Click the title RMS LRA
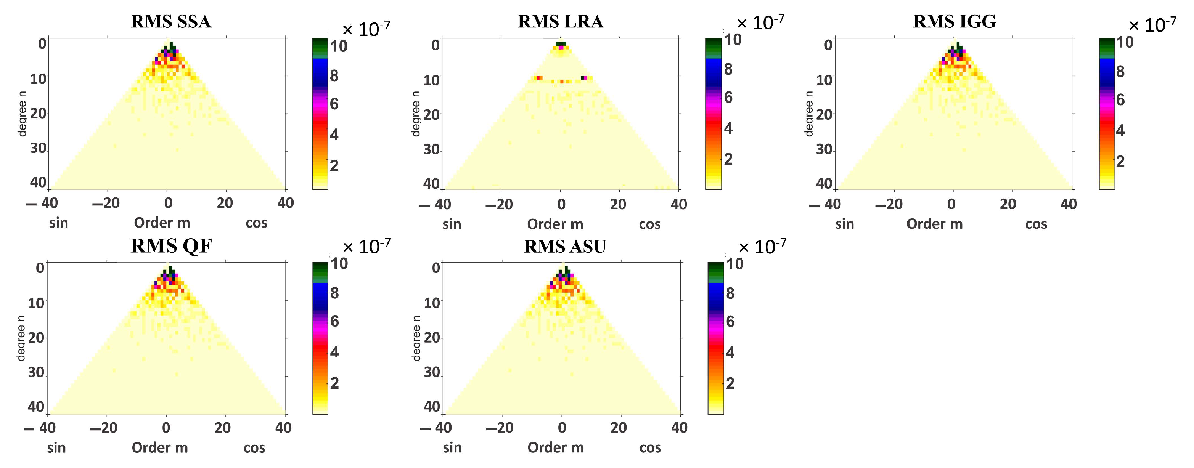click(x=560, y=22)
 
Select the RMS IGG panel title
click(x=955, y=22)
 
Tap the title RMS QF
click(x=171, y=246)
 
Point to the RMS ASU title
click(x=564, y=247)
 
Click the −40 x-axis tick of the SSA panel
click(x=42, y=203)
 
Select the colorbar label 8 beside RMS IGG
click(x=1120, y=71)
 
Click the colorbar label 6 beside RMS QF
click(x=334, y=321)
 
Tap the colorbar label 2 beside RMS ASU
click(x=730, y=383)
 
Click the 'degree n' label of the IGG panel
click(x=809, y=114)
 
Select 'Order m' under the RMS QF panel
click(x=160, y=448)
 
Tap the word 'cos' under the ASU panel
click(x=650, y=448)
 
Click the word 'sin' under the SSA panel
click(x=59, y=223)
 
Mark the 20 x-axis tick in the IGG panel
click(x=1008, y=204)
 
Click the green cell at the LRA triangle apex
click(x=561, y=44)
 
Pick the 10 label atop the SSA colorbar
click(x=338, y=46)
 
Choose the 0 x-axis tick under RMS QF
click(x=166, y=428)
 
